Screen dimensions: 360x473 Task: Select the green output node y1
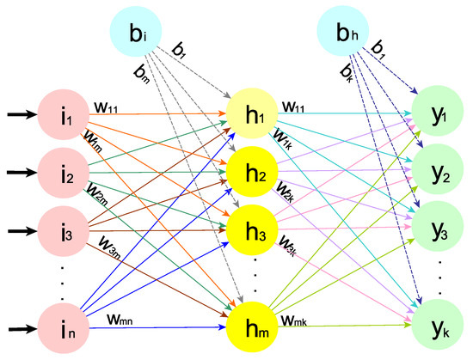pyautogui.click(x=439, y=112)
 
